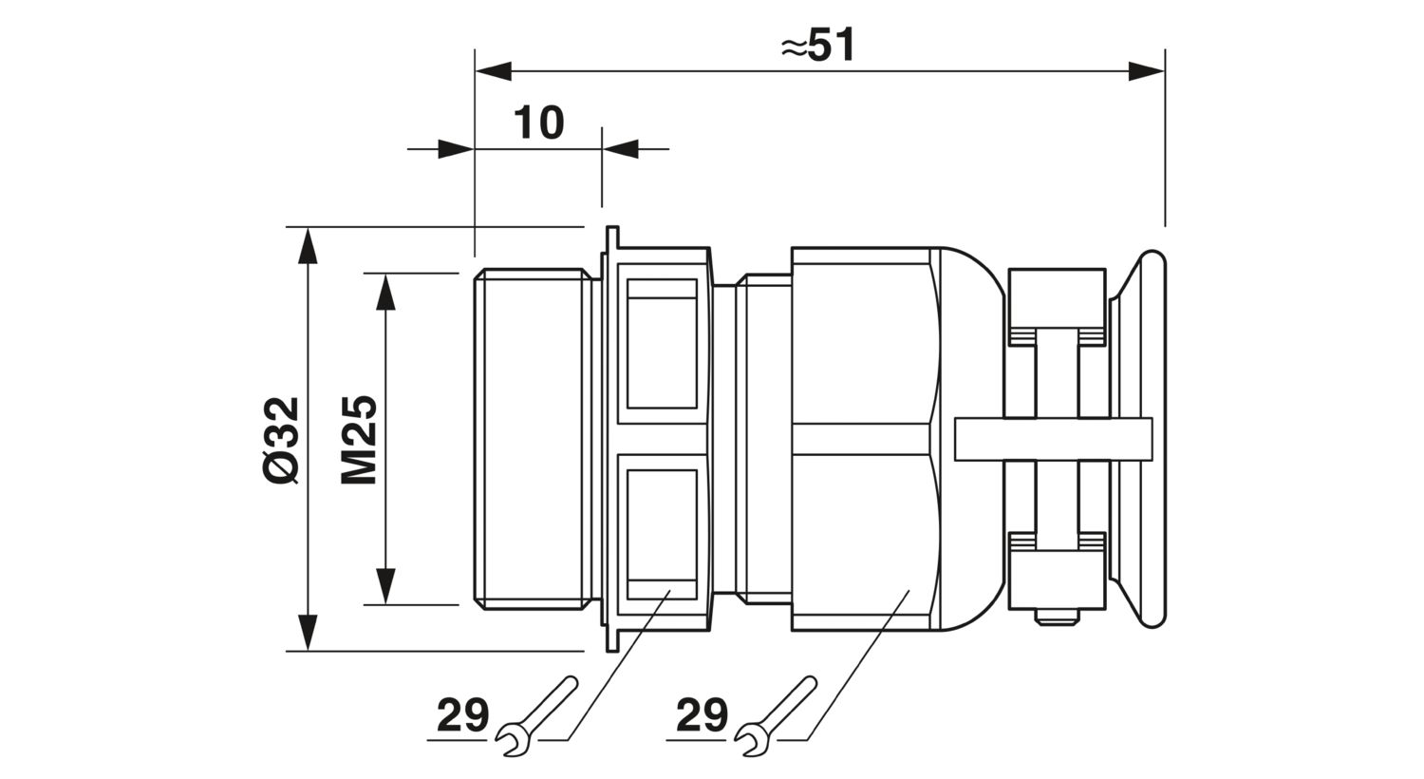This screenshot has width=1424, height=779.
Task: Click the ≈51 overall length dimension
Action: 818,46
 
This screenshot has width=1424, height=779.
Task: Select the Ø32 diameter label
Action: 281,440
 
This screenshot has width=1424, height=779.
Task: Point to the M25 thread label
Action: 359,440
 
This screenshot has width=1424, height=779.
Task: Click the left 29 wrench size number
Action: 463,714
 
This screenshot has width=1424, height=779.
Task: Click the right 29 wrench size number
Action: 702,714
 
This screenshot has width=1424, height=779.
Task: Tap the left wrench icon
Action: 537,716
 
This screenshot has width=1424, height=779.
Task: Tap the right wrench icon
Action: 777,716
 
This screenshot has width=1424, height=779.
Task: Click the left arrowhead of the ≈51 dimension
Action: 494,71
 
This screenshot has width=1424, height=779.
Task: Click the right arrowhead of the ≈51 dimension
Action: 1146,71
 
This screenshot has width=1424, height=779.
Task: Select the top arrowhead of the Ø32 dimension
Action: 308,245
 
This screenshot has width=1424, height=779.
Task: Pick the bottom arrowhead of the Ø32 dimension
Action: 308,633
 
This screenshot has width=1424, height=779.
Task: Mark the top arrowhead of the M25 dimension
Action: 385,292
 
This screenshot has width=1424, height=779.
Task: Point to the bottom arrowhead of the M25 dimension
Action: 385,586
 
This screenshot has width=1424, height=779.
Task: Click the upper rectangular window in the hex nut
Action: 662,344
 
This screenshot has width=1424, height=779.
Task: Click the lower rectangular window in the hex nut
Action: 662,534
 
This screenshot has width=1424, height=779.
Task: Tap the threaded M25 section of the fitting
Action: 533,440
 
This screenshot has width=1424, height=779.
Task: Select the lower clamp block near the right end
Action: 1057,572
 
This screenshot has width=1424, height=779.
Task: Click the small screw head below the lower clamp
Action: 1057,617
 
